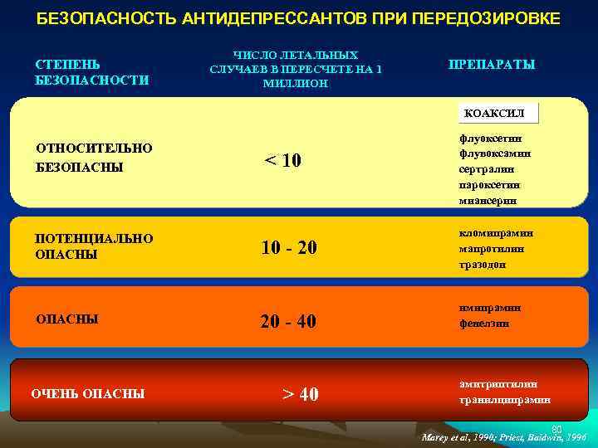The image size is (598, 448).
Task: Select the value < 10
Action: click(x=282, y=160)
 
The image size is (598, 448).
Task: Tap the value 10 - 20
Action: click(x=289, y=247)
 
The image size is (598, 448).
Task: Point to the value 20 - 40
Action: click(x=288, y=321)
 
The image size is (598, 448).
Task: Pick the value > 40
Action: click(x=301, y=393)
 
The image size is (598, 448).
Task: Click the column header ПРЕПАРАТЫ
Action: click(x=492, y=65)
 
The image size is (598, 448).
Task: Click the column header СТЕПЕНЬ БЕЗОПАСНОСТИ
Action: click(x=92, y=72)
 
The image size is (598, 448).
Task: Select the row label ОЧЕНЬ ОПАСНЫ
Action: click(x=87, y=393)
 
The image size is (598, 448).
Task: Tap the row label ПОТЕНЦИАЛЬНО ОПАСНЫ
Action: click(x=94, y=246)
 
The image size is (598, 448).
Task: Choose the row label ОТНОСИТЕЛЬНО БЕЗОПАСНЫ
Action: click(x=94, y=158)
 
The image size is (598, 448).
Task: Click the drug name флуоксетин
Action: click(x=490, y=139)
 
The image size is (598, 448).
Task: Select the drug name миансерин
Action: click(x=488, y=200)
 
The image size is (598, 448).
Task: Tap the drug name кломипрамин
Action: click(x=496, y=233)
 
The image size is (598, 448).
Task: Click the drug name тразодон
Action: click(x=483, y=264)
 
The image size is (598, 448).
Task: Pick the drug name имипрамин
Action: click(x=490, y=308)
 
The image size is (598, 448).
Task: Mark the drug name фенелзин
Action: click(x=484, y=324)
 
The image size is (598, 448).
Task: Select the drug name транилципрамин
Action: click(x=504, y=400)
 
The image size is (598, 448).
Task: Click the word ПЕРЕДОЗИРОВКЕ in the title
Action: click(x=483, y=17)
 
